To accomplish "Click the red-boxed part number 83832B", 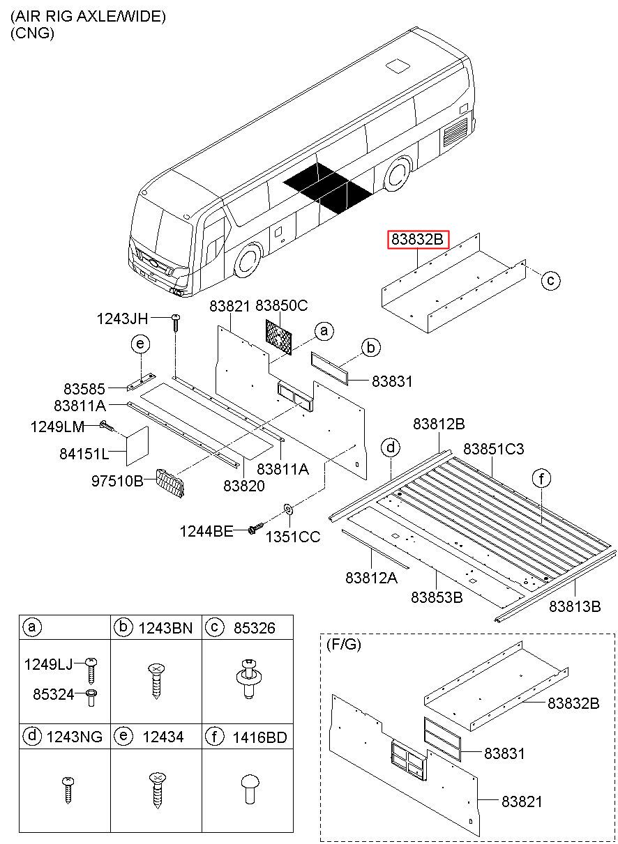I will (418, 240).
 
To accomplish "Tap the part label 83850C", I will (282, 305).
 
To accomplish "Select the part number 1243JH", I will (123, 319).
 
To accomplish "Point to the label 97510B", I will (118, 480).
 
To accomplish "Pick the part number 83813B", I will (574, 606).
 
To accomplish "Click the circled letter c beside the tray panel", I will (550, 281).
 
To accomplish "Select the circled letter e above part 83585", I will (140, 344).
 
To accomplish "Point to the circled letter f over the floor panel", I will (541, 478).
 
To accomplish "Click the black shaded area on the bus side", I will (328, 186).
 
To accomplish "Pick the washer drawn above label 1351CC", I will (287, 514).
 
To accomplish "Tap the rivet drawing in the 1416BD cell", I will (247, 792).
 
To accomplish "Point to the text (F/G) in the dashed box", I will (344, 645).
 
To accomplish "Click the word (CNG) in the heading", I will (32, 33).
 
